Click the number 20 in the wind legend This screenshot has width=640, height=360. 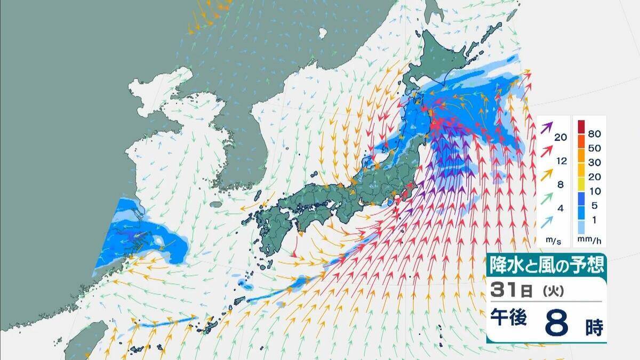[x=560, y=137]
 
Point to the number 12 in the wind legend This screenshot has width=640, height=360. [x=560, y=161]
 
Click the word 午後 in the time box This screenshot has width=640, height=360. [x=509, y=318]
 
